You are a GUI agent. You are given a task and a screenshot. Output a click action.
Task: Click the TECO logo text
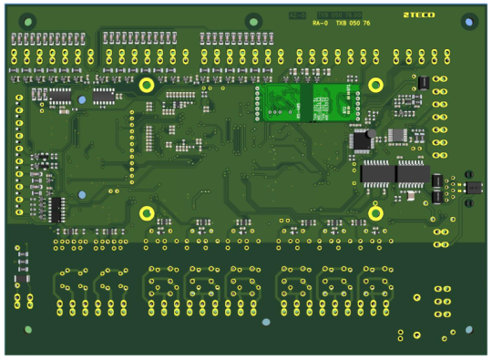(x=419, y=15)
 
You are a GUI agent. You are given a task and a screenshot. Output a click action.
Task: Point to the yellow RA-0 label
(x=320, y=24)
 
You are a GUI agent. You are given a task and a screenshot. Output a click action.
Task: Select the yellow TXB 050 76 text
(x=354, y=24)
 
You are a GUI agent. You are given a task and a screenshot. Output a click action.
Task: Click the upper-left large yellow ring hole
(x=146, y=85)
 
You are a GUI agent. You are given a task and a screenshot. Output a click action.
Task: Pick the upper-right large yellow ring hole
(x=374, y=85)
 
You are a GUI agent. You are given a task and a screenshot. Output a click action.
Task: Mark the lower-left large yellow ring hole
(x=146, y=213)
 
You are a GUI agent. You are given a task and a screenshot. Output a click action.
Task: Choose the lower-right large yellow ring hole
(x=374, y=213)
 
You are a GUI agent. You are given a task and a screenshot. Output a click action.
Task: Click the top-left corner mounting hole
(x=27, y=20)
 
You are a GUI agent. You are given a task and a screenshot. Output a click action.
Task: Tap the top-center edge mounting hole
(x=253, y=20)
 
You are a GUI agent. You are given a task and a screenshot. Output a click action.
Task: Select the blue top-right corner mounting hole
(x=469, y=21)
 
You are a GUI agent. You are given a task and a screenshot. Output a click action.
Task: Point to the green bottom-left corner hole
(x=28, y=329)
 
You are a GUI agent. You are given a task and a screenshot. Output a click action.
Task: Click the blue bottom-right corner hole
(x=468, y=330)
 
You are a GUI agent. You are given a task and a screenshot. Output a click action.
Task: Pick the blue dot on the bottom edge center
(x=266, y=322)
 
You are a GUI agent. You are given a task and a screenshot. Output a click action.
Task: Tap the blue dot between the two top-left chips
(x=82, y=99)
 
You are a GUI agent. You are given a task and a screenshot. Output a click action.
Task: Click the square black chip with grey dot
(x=362, y=139)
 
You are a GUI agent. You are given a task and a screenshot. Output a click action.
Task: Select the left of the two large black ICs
(x=376, y=172)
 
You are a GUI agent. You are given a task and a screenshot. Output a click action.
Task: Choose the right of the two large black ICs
(x=412, y=172)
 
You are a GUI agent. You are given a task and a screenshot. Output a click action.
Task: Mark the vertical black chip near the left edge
(x=56, y=210)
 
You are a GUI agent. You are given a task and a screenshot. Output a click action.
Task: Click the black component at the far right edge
(x=473, y=187)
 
